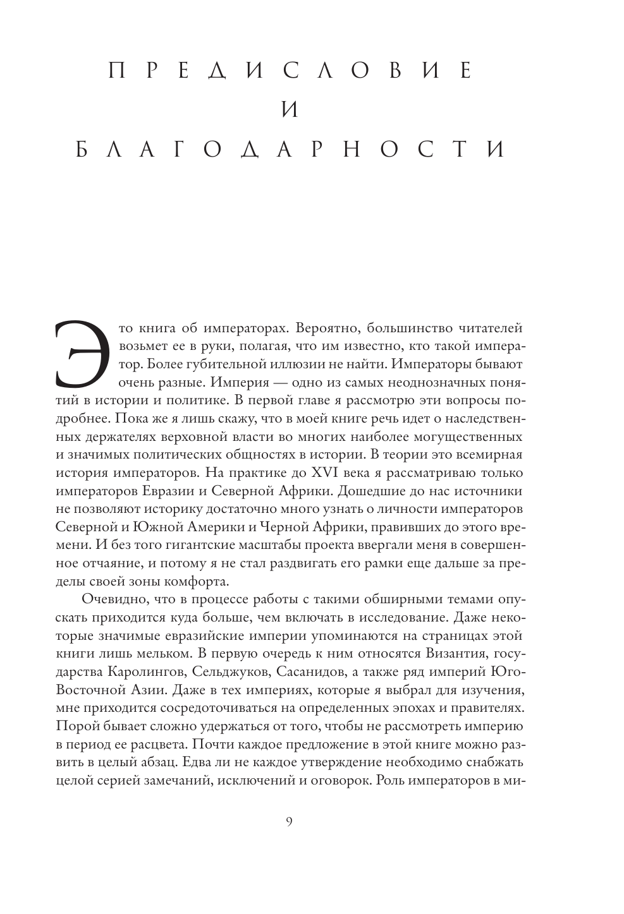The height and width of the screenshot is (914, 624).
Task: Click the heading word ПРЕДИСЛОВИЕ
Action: pos(290,71)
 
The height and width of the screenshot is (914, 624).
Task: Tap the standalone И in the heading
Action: pos(289,110)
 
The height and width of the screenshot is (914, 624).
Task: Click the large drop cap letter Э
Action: pos(78,355)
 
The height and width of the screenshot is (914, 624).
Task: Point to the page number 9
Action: pos(289,822)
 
